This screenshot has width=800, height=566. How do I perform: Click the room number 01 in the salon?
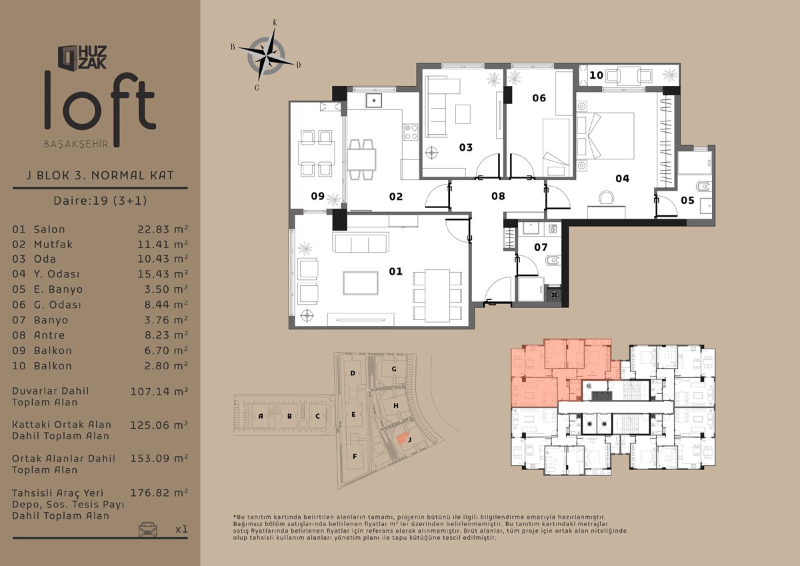395,271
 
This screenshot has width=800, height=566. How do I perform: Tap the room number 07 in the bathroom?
541,247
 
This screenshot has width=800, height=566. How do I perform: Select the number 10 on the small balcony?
596,75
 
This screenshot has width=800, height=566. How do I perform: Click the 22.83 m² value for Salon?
163,229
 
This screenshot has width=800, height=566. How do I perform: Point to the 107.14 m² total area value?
159,391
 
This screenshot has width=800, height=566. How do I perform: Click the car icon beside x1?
147,529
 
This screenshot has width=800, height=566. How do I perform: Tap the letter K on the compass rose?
275,23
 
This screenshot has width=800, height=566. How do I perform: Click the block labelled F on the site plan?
355,457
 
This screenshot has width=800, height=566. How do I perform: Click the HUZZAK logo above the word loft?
83,57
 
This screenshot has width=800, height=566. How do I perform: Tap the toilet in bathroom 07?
552,260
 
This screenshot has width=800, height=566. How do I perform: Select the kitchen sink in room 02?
373,100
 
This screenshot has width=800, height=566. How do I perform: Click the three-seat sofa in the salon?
361,242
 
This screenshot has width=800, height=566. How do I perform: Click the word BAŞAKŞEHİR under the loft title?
76,144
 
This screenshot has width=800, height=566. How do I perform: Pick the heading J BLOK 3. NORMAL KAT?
100,175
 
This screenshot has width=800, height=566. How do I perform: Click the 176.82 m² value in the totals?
159,493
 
